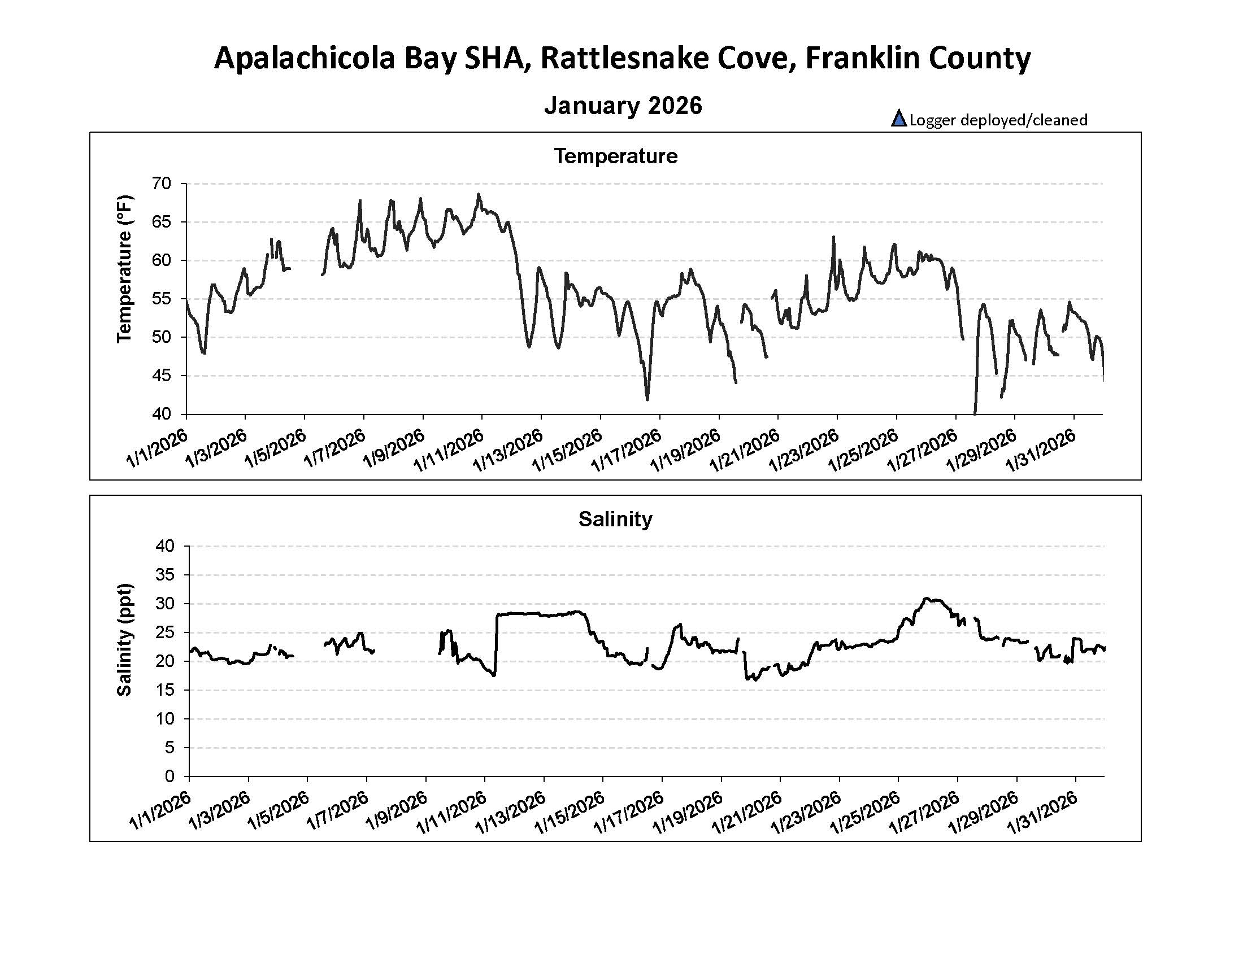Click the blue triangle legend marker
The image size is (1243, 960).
(899, 119)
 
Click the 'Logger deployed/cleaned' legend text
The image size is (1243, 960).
(998, 120)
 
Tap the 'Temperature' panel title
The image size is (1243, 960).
(616, 156)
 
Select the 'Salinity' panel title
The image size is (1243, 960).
(615, 518)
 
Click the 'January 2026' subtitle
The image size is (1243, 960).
(623, 106)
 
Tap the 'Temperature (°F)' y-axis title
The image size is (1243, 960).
(124, 269)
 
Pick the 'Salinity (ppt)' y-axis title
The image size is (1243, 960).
(124, 639)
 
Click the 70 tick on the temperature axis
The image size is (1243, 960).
(162, 184)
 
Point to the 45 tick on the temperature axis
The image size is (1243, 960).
(162, 376)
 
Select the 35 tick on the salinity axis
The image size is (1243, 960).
(164, 575)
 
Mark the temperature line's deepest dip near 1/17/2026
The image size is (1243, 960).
(647, 400)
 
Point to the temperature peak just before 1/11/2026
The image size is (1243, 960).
(479, 194)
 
